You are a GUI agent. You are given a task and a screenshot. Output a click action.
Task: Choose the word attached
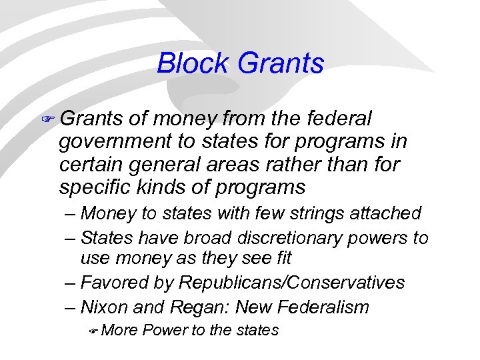(x=389, y=214)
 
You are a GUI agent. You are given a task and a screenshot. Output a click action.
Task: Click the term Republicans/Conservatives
(x=291, y=283)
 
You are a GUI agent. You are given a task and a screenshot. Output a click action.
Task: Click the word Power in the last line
(x=165, y=330)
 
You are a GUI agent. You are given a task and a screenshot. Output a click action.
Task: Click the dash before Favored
(x=71, y=283)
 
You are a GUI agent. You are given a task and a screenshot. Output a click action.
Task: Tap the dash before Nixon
(x=71, y=307)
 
